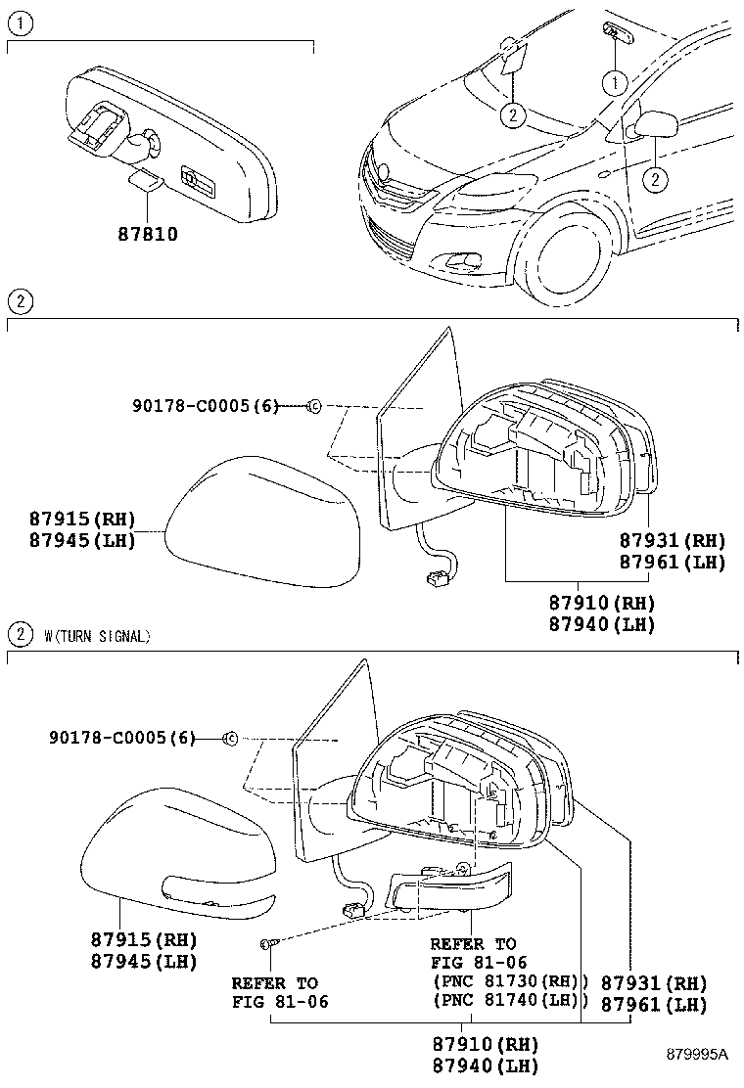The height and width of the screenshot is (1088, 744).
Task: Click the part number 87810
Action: click(148, 235)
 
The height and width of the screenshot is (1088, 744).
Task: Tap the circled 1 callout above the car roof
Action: click(613, 83)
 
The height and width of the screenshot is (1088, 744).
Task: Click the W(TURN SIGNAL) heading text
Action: click(97, 636)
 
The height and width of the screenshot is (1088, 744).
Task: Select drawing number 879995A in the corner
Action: click(697, 1054)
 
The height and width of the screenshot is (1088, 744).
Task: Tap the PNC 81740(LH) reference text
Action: click(509, 1000)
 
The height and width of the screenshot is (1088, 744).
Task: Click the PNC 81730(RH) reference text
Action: click(509, 981)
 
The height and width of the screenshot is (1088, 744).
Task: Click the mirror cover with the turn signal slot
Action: click(176, 861)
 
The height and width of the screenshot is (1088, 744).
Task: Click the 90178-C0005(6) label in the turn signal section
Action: click(122, 738)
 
